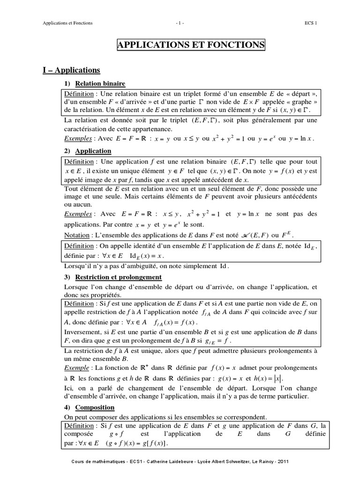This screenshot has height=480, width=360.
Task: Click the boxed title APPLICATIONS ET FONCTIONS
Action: pyautogui.click(x=190, y=45)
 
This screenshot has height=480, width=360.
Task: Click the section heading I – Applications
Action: pyautogui.click(x=72, y=70)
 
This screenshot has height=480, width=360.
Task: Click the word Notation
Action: pyautogui.click(x=76, y=234)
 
